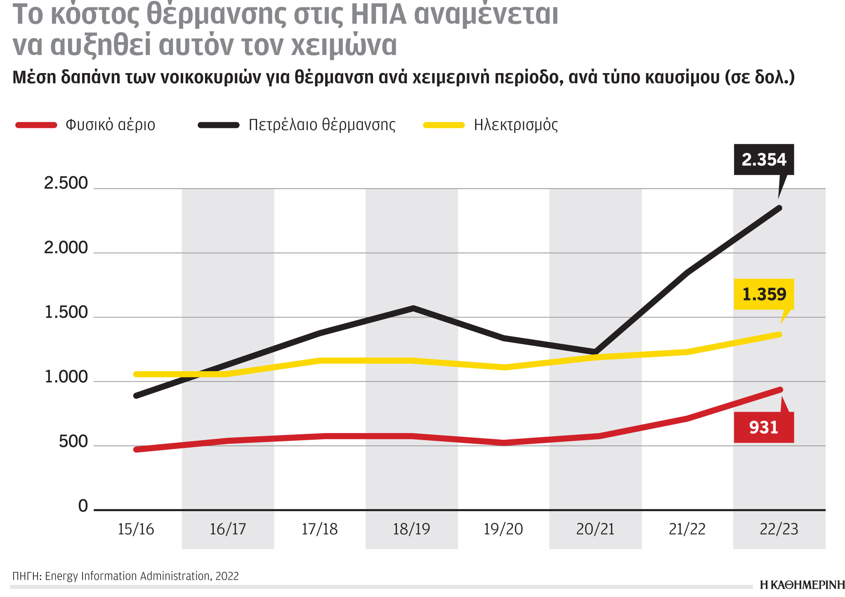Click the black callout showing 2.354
pyautogui.click(x=764, y=159)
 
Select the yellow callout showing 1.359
pyautogui.click(x=764, y=294)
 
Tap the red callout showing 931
pyautogui.click(x=764, y=427)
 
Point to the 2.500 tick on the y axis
pyautogui.click(x=66, y=183)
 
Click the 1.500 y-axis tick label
pyautogui.click(x=66, y=313)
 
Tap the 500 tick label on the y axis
pyautogui.click(x=73, y=442)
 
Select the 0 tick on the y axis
pyautogui.click(x=83, y=506)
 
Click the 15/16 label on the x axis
pyautogui.click(x=136, y=529)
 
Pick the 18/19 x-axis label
pyautogui.click(x=411, y=529)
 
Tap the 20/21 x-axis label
pyautogui.click(x=595, y=529)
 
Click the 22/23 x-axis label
pyautogui.click(x=779, y=529)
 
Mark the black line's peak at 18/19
pyautogui.click(x=413, y=308)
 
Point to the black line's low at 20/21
pyautogui.click(x=595, y=352)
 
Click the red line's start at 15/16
pyautogui.click(x=137, y=449)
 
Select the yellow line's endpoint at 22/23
pyautogui.click(x=779, y=334)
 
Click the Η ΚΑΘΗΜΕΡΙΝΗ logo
pyautogui.click(x=802, y=585)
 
